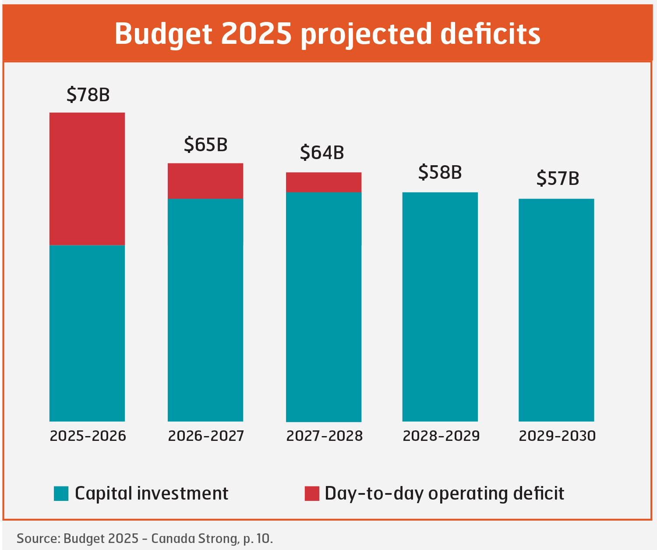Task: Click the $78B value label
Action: (88, 95)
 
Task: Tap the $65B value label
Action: (205, 145)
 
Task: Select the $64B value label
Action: (322, 153)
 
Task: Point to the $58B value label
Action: (440, 172)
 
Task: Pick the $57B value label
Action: (558, 178)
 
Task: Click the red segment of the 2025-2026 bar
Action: (87, 179)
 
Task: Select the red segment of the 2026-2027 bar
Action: (205, 181)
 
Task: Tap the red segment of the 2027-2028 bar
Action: (324, 182)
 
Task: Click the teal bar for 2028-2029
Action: (440, 307)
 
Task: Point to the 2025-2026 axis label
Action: (88, 436)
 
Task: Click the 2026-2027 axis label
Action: (206, 436)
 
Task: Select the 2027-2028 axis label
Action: (325, 436)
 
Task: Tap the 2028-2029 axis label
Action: (441, 436)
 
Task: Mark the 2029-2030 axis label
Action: (557, 436)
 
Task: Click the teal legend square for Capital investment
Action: (61, 493)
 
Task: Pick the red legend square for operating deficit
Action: (312, 493)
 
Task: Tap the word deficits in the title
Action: (490, 34)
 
